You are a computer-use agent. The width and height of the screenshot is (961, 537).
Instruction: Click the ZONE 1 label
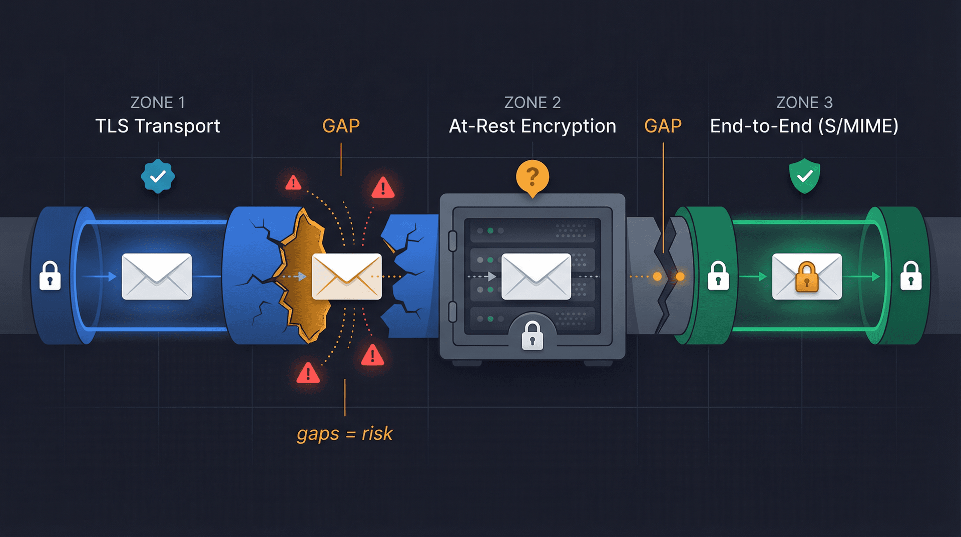[158, 103]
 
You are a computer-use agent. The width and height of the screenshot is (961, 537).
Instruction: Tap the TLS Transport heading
[158, 126]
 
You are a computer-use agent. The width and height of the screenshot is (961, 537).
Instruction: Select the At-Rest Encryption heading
[532, 126]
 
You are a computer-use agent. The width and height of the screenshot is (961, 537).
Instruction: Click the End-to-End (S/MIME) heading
[804, 126]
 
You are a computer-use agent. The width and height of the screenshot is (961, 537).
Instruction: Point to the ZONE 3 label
[804, 103]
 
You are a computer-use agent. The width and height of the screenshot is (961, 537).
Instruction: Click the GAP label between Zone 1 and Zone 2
[341, 126]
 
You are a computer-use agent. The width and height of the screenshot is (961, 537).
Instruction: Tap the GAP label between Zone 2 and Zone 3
[663, 126]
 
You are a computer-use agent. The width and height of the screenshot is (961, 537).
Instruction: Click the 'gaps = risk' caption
[344, 433]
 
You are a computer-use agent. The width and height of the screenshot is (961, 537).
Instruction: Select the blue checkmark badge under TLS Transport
[158, 176]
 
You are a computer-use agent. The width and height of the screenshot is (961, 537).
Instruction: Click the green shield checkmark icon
[804, 176]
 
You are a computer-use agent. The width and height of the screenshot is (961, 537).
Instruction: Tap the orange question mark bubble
[533, 177]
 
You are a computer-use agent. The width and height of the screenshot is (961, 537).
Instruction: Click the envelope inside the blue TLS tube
[157, 276]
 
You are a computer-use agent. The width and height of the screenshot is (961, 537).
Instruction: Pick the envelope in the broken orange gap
[346, 276]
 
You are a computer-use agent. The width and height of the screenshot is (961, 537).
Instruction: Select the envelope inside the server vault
[536, 276]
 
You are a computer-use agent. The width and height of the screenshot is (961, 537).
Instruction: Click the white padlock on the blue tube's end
[50, 276]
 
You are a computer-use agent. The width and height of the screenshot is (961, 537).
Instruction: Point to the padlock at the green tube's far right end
[911, 276]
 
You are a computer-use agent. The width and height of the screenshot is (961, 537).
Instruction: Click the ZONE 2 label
[532, 103]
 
